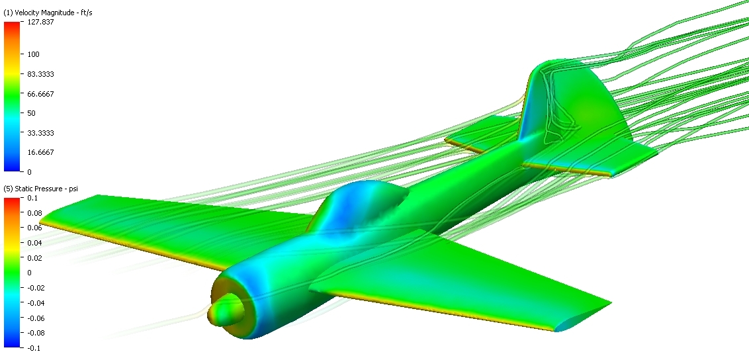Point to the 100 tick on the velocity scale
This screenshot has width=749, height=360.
pyautogui.click(x=34, y=54)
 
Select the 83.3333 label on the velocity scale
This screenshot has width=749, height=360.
pyautogui.click(x=40, y=74)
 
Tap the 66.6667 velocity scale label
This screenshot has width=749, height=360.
pyautogui.click(x=40, y=94)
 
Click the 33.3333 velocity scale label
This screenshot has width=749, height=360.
pyautogui.click(x=40, y=133)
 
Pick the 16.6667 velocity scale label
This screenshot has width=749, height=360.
pyautogui.click(x=40, y=152)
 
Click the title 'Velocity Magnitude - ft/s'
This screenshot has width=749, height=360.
pyautogui.click(x=48, y=13)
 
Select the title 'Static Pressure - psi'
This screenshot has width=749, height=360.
pyautogui.click(x=40, y=189)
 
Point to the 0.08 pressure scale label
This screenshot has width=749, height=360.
pyautogui.click(x=35, y=213)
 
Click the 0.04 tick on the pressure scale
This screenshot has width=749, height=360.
pyautogui.click(x=35, y=243)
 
